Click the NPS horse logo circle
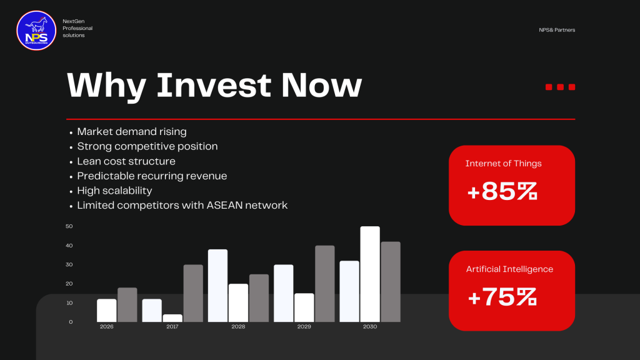point(36,31)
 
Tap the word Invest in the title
point(214,85)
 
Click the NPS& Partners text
point(557,30)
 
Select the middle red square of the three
point(561,87)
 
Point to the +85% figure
point(502,191)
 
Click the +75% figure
point(502,297)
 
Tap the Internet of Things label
point(503,163)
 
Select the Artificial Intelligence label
point(509,269)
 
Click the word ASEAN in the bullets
point(224,205)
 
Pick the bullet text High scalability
point(115,191)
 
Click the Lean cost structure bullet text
point(126,161)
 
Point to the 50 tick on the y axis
point(69,226)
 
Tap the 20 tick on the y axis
point(69,284)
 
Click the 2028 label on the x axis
point(238,326)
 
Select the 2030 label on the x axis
point(370,326)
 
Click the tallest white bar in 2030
point(370,274)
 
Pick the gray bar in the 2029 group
point(325,284)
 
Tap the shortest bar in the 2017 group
point(172,318)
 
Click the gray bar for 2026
point(127,305)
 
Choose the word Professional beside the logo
point(77,28)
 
